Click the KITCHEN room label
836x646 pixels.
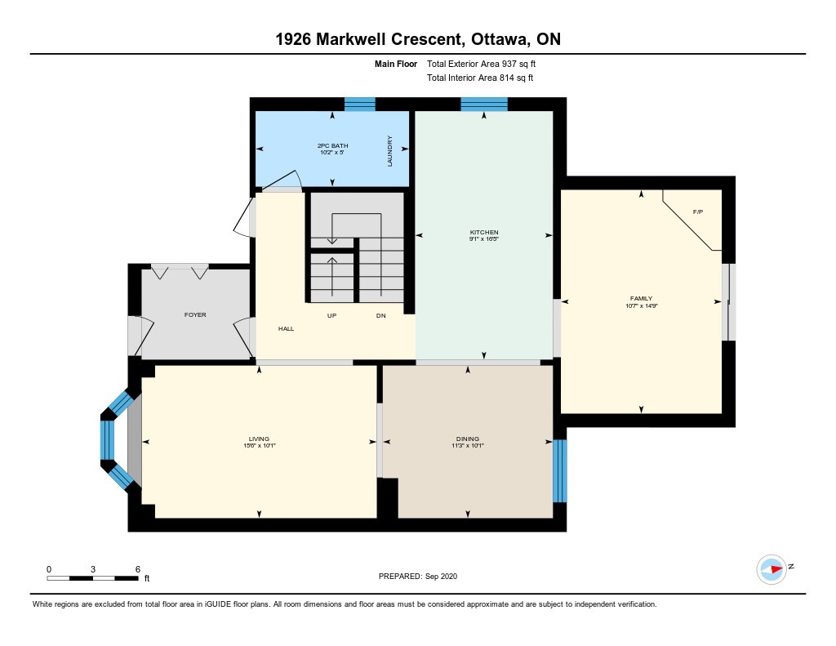pos(483,233)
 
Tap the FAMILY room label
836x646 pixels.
pos(641,299)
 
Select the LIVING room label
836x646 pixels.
pos(259,439)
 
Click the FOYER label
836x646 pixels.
pos(195,314)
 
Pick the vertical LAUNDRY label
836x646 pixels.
pos(390,151)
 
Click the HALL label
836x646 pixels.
pos(286,328)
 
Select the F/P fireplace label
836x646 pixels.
pos(698,212)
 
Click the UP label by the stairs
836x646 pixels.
pos(332,316)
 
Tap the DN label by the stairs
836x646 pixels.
pos(380,316)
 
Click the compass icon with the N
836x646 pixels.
pos(772,568)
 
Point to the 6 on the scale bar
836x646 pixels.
pos(138,568)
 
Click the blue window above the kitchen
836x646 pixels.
pos(483,104)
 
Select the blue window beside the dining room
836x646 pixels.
pos(559,470)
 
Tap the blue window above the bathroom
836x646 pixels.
pos(359,104)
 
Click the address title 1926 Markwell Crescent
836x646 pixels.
pos(417,39)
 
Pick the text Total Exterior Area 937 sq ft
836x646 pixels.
pos(481,64)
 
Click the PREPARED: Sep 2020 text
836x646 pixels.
pos(418,576)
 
